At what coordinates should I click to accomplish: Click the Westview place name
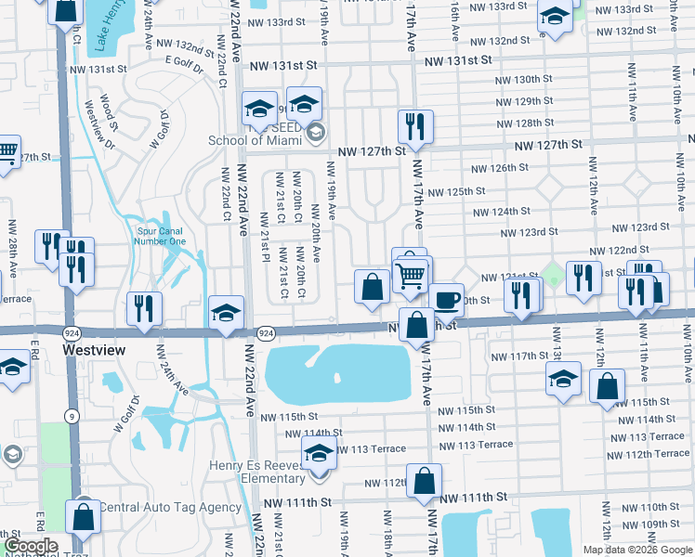94,351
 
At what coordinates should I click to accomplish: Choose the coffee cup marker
446,300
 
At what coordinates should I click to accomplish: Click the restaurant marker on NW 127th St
415,126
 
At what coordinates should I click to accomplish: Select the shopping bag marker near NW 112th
424,481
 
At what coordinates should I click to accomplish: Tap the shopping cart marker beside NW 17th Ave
411,276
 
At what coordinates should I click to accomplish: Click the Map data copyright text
636,550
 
